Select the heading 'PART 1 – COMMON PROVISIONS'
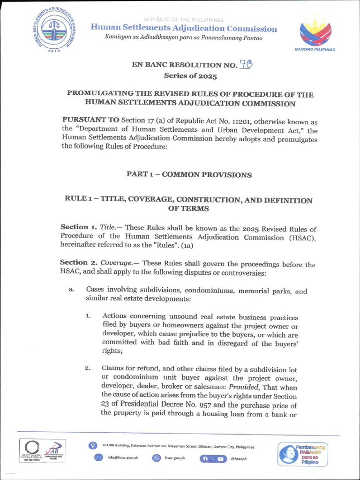[x=189, y=174]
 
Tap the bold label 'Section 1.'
[x=79, y=227]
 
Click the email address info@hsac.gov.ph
[x=123, y=457]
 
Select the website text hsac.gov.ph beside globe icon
[x=175, y=457]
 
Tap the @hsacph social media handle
[x=239, y=458]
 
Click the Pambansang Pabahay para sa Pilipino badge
[x=302, y=454]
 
